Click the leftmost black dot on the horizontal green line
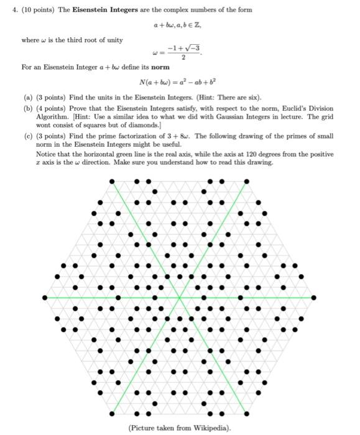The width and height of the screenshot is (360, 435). click(44, 298)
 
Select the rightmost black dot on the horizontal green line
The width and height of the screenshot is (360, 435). click(315, 298)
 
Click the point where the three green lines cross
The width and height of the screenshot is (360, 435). click(179, 298)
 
